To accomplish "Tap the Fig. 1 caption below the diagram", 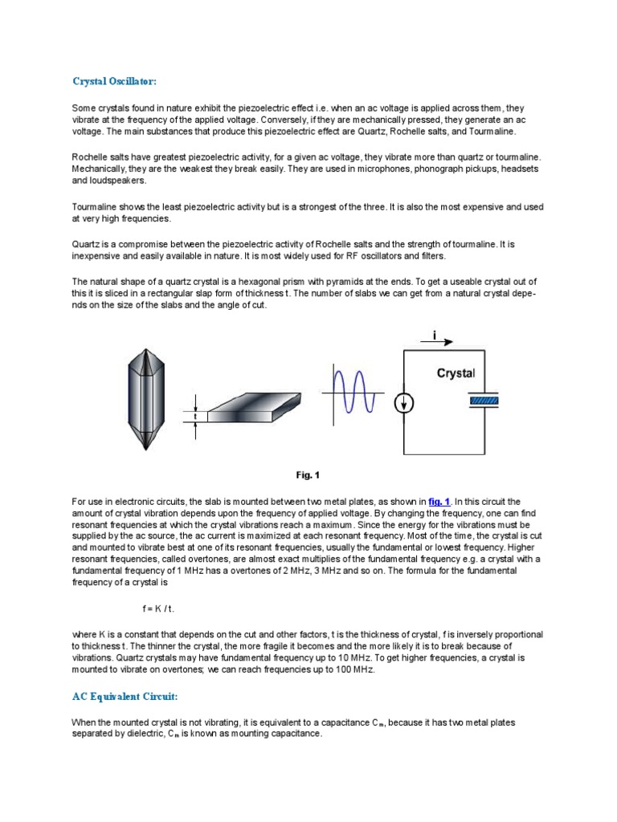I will (x=308, y=474).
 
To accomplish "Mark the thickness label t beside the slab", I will (x=194, y=416).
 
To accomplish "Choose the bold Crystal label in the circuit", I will (x=456, y=373).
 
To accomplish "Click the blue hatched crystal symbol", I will (x=484, y=400).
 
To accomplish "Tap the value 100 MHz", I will (x=354, y=668).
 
